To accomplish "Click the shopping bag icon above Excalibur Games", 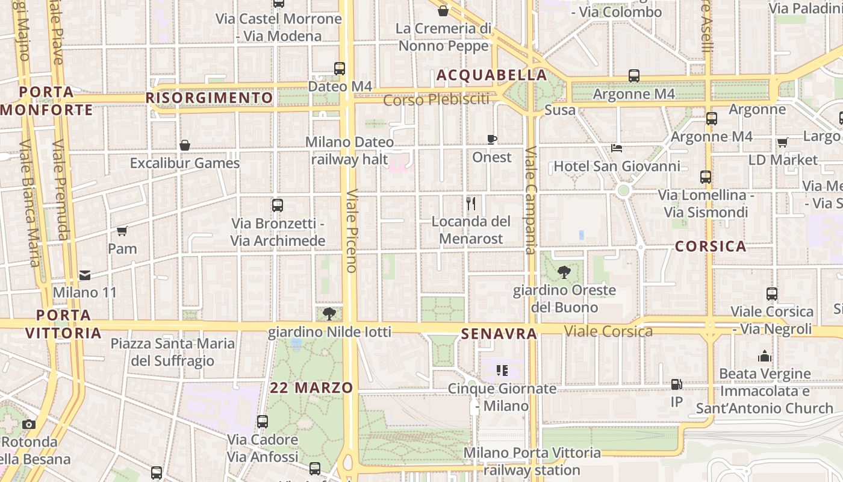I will coord(185,145).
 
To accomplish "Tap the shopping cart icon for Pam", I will coord(122,231).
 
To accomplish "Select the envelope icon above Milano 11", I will coord(85,275).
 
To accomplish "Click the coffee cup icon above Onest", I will coord(492,140).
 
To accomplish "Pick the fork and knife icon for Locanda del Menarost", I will coord(471,204).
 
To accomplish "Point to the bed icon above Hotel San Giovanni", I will coord(617,148).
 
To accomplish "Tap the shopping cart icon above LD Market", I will coord(782,142).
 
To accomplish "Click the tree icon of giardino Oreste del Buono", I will coord(564,272).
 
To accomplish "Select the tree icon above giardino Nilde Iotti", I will coord(329,313).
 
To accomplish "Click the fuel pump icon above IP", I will coord(677,384).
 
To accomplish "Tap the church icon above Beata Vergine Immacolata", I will coord(765,356).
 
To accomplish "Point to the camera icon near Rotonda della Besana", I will coord(29,424).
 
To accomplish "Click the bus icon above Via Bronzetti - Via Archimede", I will coord(278,205).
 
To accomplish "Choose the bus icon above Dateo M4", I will coord(340,69).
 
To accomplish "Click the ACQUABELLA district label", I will coord(491,75).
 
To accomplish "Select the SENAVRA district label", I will coord(499,333).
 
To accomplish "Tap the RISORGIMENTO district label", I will coord(210,98).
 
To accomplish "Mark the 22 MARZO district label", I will coord(311,387).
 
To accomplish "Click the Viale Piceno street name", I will coord(352,230).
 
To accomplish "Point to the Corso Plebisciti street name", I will coord(436,99).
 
